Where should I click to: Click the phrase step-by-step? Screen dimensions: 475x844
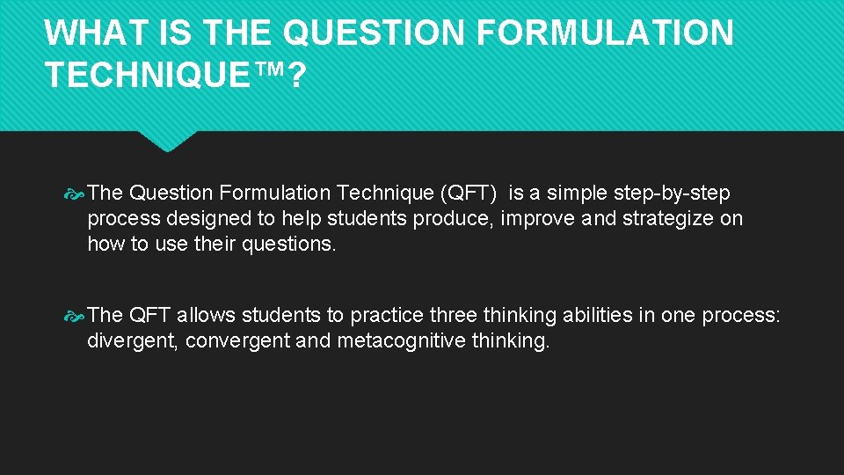[672, 193]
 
